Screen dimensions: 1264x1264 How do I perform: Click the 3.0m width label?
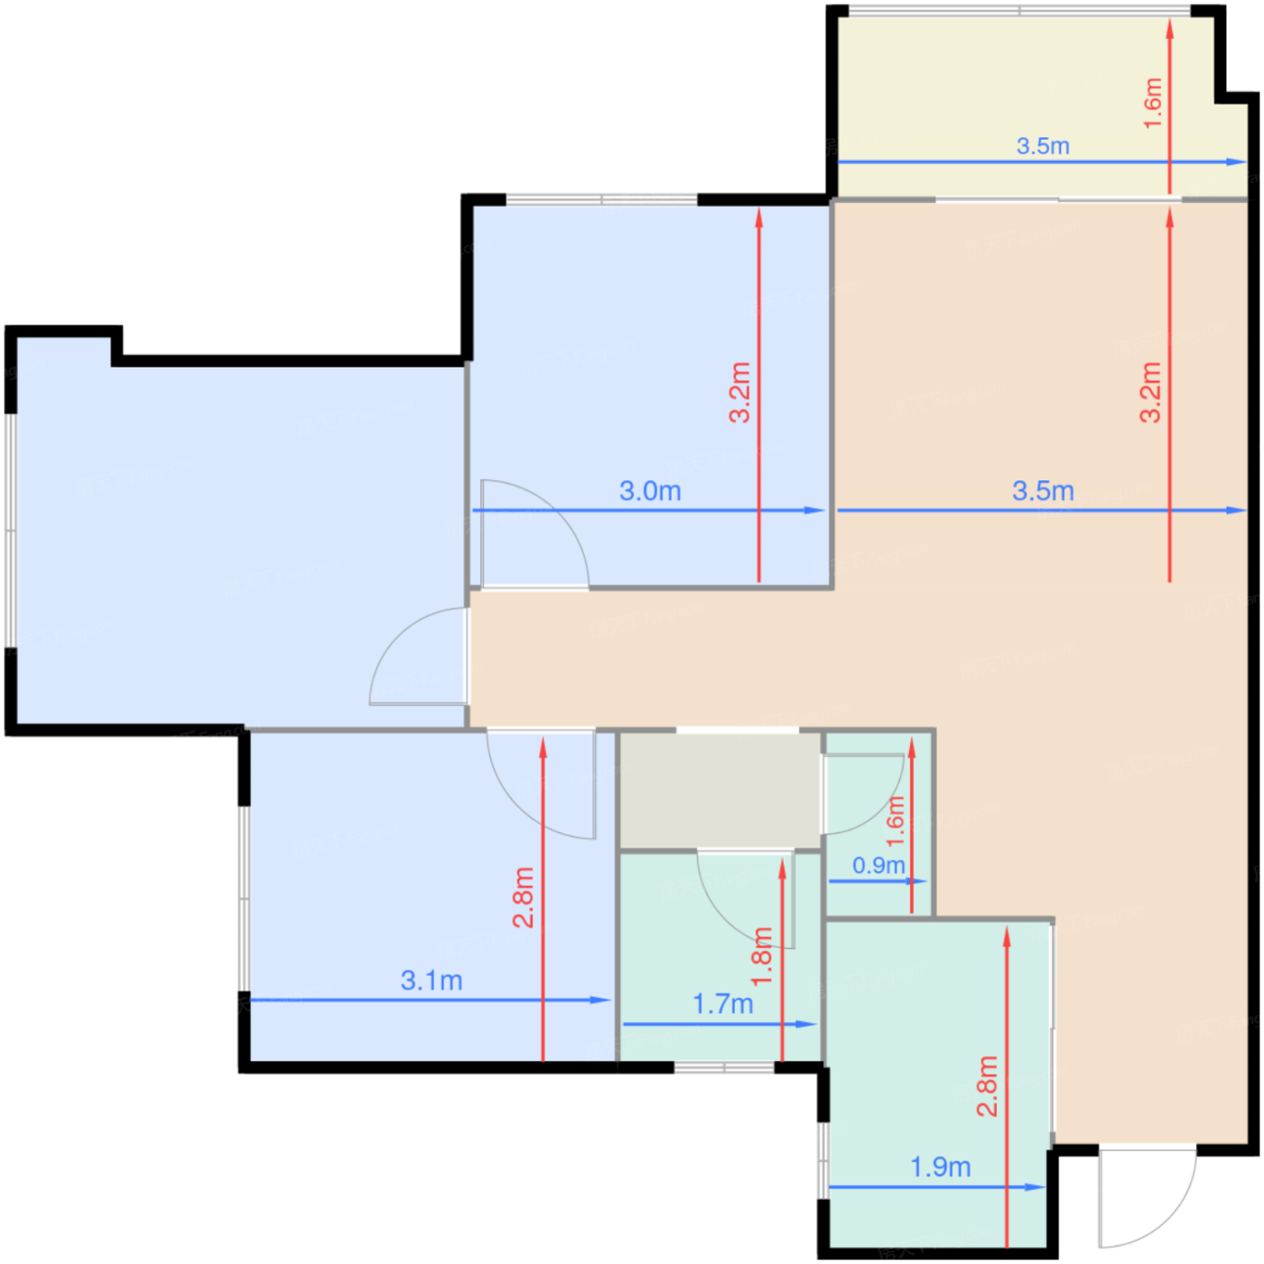(650, 490)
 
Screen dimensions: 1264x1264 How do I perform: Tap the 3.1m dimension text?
(431, 981)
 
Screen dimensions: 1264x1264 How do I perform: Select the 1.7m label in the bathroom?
(723, 1004)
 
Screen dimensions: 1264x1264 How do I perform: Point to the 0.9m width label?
(878, 866)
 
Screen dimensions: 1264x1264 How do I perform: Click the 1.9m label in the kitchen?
(940, 1167)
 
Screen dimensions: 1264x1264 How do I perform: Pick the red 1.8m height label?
(761, 956)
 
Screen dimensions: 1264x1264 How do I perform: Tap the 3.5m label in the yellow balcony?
(1042, 145)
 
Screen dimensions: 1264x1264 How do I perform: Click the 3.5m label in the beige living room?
(1043, 490)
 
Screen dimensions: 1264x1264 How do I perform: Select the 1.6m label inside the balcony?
(1152, 103)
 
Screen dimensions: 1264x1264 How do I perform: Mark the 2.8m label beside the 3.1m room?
(524, 897)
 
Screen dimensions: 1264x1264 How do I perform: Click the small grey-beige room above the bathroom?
(720, 790)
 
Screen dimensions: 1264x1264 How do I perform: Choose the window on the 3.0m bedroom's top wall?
(600, 199)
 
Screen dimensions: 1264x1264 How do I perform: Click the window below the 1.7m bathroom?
(724, 1068)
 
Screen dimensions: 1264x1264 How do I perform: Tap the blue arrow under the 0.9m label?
(878, 881)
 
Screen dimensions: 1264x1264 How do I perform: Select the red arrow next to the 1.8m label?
(782, 960)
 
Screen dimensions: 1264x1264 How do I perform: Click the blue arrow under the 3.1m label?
(431, 999)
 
